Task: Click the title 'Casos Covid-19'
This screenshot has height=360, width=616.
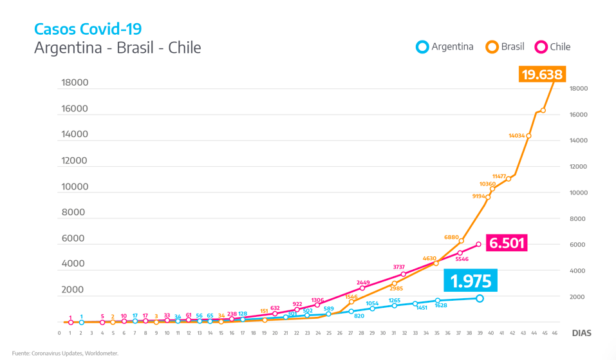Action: tap(88, 29)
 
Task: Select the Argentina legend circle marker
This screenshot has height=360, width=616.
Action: tap(422, 46)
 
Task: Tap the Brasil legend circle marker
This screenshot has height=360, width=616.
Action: tap(492, 46)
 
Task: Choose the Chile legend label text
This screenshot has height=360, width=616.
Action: tap(560, 46)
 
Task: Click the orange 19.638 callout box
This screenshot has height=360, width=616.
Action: tap(542, 74)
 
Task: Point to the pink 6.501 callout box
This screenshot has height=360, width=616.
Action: tap(507, 243)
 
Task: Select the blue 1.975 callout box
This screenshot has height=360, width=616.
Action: tap(471, 281)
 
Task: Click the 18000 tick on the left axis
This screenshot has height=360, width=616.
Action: tap(75, 82)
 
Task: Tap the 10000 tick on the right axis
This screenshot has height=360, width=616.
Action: tap(577, 193)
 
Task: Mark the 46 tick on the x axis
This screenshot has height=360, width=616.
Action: tap(555, 333)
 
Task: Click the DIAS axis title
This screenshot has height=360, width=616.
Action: tap(581, 333)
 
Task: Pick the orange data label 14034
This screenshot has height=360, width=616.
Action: tap(517, 136)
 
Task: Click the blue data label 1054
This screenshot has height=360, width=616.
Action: tap(372, 303)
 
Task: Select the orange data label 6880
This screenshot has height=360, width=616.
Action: tap(452, 237)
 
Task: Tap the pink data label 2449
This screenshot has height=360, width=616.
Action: tap(363, 282)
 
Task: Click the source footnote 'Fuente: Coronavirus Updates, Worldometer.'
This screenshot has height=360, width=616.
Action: tap(65, 353)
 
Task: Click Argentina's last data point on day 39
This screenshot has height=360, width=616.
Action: tap(480, 298)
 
